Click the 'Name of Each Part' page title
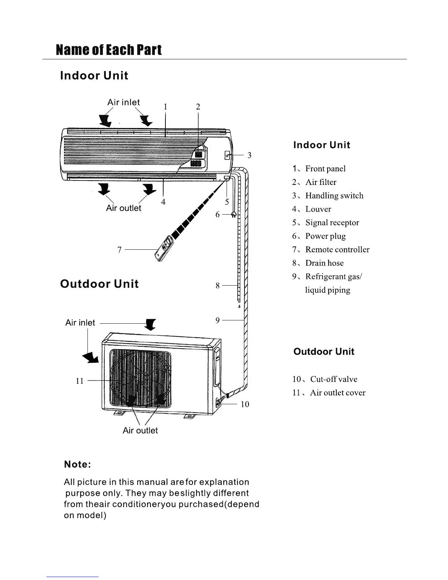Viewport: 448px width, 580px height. [x=109, y=50]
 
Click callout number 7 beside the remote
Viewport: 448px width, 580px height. [x=119, y=250]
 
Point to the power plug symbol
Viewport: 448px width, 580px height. [x=234, y=215]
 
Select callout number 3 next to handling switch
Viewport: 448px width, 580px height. [x=249, y=155]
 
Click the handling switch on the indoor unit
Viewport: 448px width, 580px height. [x=227, y=156]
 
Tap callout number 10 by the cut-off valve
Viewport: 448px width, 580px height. [x=245, y=404]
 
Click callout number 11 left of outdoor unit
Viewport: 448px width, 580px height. [x=79, y=381]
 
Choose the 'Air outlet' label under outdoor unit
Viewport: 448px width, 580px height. [x=140, y=430]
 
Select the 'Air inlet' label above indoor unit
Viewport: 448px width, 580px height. [x=123, y=103]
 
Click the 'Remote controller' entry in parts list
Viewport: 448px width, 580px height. [x=337, y=249]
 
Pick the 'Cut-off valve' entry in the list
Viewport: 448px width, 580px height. [x=333, y=379]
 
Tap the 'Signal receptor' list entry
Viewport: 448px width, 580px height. [x=332, y=223]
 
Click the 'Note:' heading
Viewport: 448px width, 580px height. [x=77, y=464]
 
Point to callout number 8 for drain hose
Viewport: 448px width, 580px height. [x=217, y=285]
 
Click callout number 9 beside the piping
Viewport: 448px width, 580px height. [x=217, y=320]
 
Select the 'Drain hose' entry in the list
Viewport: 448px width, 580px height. [x=324, y=263]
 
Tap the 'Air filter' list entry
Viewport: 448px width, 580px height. [x=321, y=182]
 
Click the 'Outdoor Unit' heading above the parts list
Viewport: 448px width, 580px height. [x=324, y=352]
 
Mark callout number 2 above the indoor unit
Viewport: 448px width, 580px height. [x=198, y=107]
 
